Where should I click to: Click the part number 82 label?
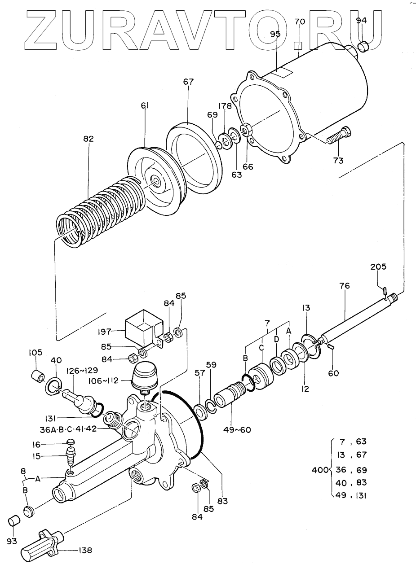[x=88, y=139]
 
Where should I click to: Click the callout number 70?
[x=300, y=22]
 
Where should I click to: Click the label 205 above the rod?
[x=378, y=267]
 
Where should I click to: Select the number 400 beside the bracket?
[x=320, y=470]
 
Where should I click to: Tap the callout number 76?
[x=345, y=286]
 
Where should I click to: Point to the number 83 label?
[x=222, y=500]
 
